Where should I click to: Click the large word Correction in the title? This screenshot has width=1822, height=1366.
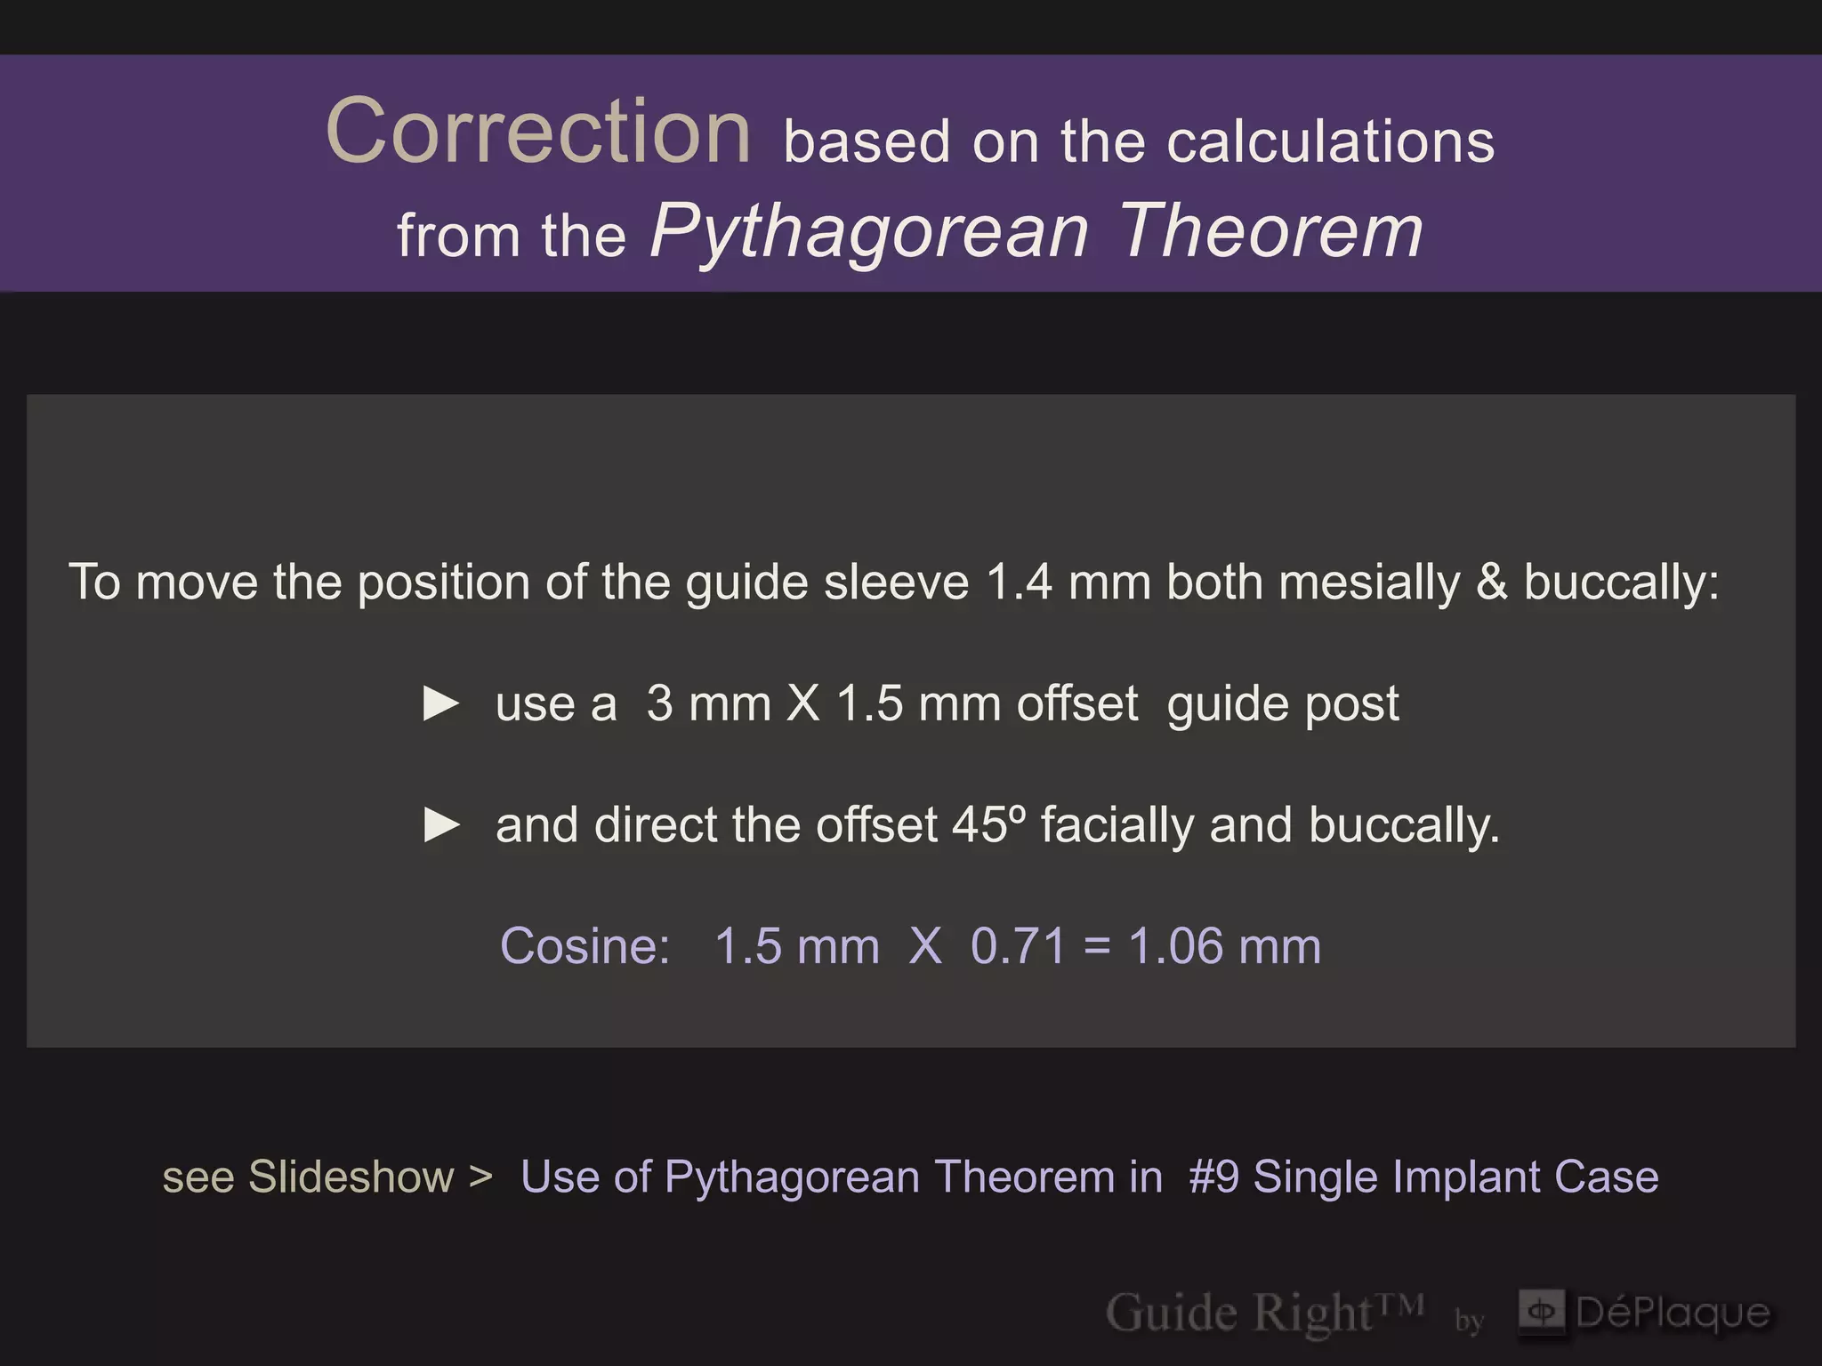click(x=539, y=132)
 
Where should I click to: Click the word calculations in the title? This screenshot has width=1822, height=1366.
click(x=1330, y=142)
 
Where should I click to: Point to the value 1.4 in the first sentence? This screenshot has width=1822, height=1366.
click(x=1020, y=583)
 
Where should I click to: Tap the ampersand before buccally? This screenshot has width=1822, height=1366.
click(x=1492, y=583)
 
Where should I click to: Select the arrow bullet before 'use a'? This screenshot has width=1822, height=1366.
click(x=441, y=703)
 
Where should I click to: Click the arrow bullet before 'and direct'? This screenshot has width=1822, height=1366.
click(x=441, y=825)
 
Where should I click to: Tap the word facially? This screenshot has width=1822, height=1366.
click(x=1117, y=826)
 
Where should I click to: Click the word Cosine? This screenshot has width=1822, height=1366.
click(x=584, y=945)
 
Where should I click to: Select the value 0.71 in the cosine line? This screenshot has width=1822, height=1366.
click(x=1018, y=946)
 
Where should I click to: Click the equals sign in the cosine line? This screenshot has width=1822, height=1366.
click(x=1097, y=947)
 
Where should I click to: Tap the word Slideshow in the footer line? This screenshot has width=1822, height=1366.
click(x=351, y=1177)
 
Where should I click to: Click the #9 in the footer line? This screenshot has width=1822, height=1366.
click(x=1213, y=1177)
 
